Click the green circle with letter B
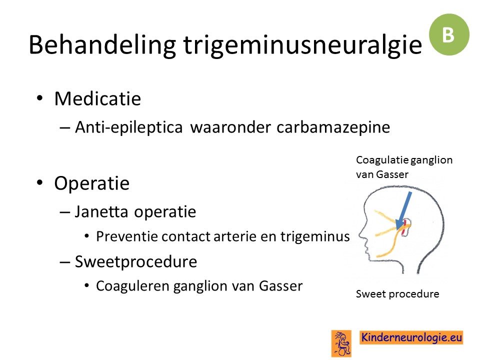tap(449, 34)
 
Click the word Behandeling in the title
tap(102, 45)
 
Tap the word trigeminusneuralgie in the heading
tap(303, 45)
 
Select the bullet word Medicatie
tap(97, 98)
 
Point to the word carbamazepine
tap(333, 127)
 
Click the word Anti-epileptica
tap(129, 127)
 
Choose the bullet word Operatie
tap(92, 183)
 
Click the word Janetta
tap(101, 211)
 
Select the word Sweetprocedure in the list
tap(136, 262)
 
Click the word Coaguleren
tap(133, 286)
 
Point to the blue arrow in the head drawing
tap(403, 211)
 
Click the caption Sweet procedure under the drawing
tap(397, 294)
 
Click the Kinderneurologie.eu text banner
tap(411, 337)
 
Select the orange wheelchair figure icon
tap(341, 343)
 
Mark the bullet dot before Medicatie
tap(39, 98)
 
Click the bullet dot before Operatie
tap(39, 183)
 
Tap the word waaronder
tap(230, 127)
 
